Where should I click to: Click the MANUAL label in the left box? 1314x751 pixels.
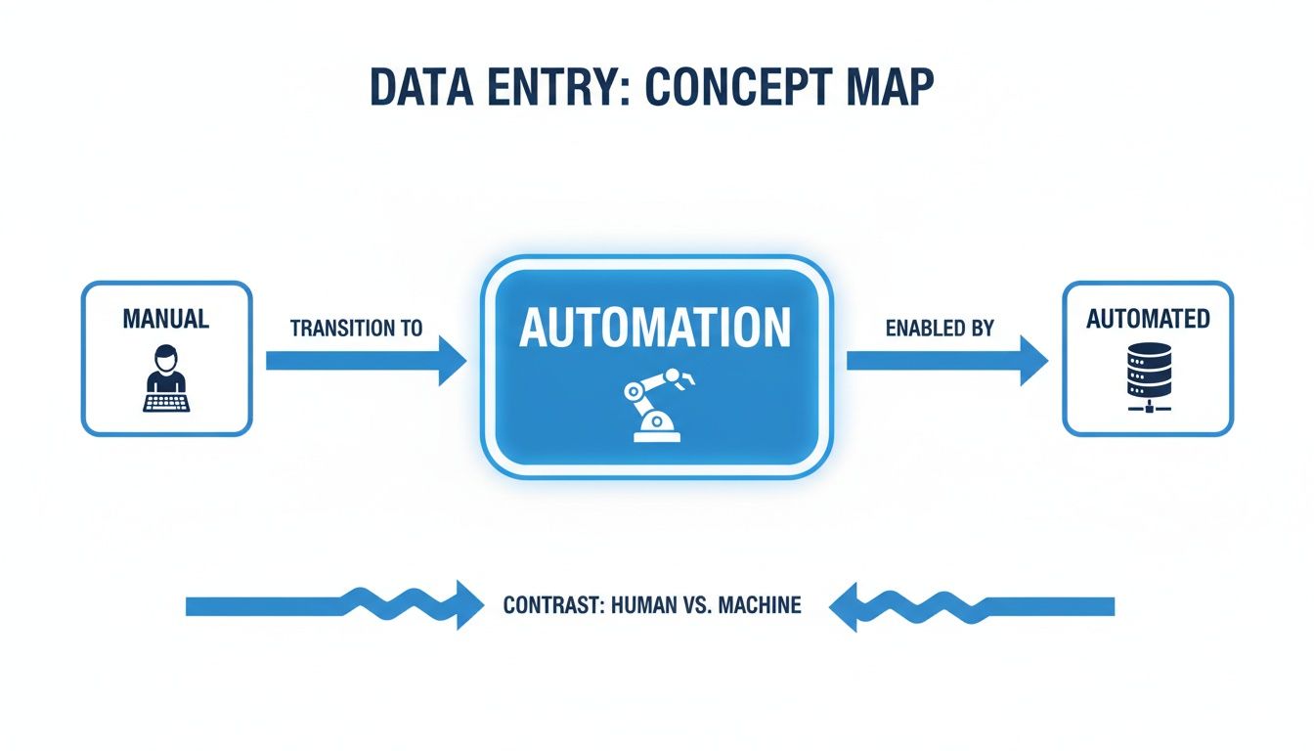tap(166, 319)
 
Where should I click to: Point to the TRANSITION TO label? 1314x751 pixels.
tap(357, 329)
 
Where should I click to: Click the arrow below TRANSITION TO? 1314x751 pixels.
tap(366, 361)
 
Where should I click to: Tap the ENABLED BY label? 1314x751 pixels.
tap(940, 329)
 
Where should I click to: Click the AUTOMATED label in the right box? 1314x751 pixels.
tap(1148, 319)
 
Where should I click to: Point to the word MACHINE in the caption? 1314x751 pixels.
tap(759, 606)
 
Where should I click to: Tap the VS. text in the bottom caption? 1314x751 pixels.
tap(698, 606)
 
